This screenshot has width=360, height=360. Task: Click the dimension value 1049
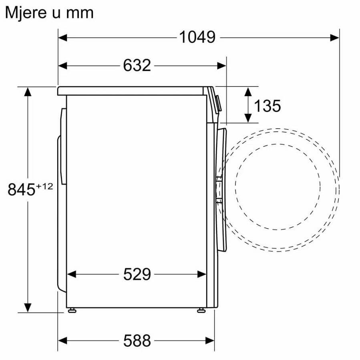(x=197, y=37)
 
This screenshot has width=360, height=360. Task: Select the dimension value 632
(x=137, y=65)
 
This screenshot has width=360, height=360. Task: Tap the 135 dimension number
(x=267, y=106)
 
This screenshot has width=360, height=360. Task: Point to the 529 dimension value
(x=137, y=274)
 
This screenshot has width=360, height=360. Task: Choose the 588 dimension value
(x=137, y=340)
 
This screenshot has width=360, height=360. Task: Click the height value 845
(x=21, y=189)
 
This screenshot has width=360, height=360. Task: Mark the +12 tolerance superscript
(x=44, y=186)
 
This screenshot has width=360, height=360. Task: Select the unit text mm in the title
(x=80, y=13)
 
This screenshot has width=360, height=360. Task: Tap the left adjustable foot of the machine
(x=72, y=310)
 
